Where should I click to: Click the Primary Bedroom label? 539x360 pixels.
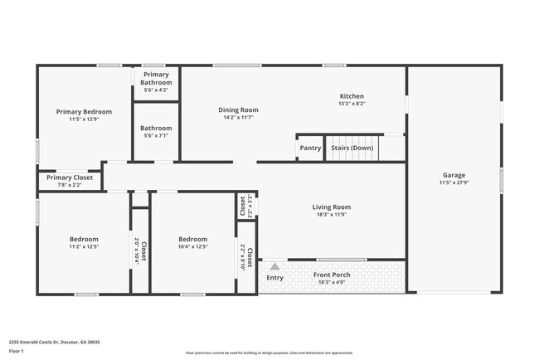[x=84, y=112]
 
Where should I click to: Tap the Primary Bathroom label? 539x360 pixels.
[x=156, y=79]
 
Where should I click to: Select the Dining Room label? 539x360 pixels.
[x=238, y=110]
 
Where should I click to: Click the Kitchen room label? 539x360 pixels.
[x=352, y=96]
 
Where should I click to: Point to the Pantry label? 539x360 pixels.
[x=310, y=148]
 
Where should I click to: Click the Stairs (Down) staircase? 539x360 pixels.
[x=352, y=148]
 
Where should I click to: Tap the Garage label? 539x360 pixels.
[x=454, y=175]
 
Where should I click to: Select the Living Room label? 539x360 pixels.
[x=331, y=207]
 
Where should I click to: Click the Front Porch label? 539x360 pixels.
[x=331, y=275]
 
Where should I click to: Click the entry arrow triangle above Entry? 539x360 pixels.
[x=274, y=265]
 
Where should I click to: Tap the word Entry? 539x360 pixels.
[x=274, y=277]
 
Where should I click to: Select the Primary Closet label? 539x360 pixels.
[x=70, y=178]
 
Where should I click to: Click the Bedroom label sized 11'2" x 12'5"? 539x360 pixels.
[x=84, y=239]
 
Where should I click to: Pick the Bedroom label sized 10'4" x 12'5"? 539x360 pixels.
[x=193, y=239]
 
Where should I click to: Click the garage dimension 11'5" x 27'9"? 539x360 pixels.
[x=454, y=183]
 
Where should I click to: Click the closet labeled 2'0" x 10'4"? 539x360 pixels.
[x=140, y=250]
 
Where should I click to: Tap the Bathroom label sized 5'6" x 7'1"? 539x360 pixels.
[x=156, y=129]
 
